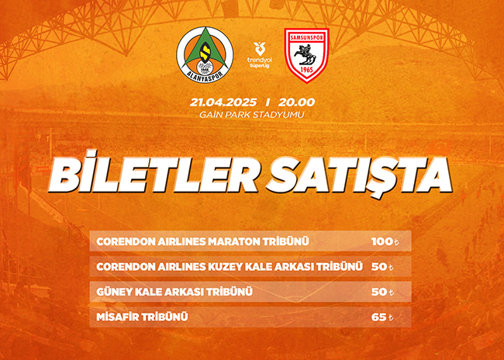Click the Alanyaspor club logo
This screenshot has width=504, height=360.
(205, 55)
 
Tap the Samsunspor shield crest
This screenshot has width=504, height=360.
(306, 55)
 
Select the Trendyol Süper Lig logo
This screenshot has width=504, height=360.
(260, 55)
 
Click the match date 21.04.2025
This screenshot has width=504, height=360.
(223, 102)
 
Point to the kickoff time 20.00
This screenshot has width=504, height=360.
(296, 102)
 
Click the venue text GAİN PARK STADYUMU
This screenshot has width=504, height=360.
(252, 115)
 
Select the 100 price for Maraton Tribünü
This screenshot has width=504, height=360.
(385, 241)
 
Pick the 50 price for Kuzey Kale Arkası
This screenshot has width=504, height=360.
(382, 267)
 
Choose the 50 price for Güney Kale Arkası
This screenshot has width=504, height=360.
(382, 292)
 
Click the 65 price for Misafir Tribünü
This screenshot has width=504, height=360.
(382, 317)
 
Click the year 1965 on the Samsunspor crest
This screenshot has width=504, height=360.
(306, 70)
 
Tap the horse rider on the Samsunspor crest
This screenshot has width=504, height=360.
(306, 54)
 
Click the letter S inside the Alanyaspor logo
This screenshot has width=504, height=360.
(204, 52)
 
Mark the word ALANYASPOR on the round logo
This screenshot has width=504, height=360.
(205, 76)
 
